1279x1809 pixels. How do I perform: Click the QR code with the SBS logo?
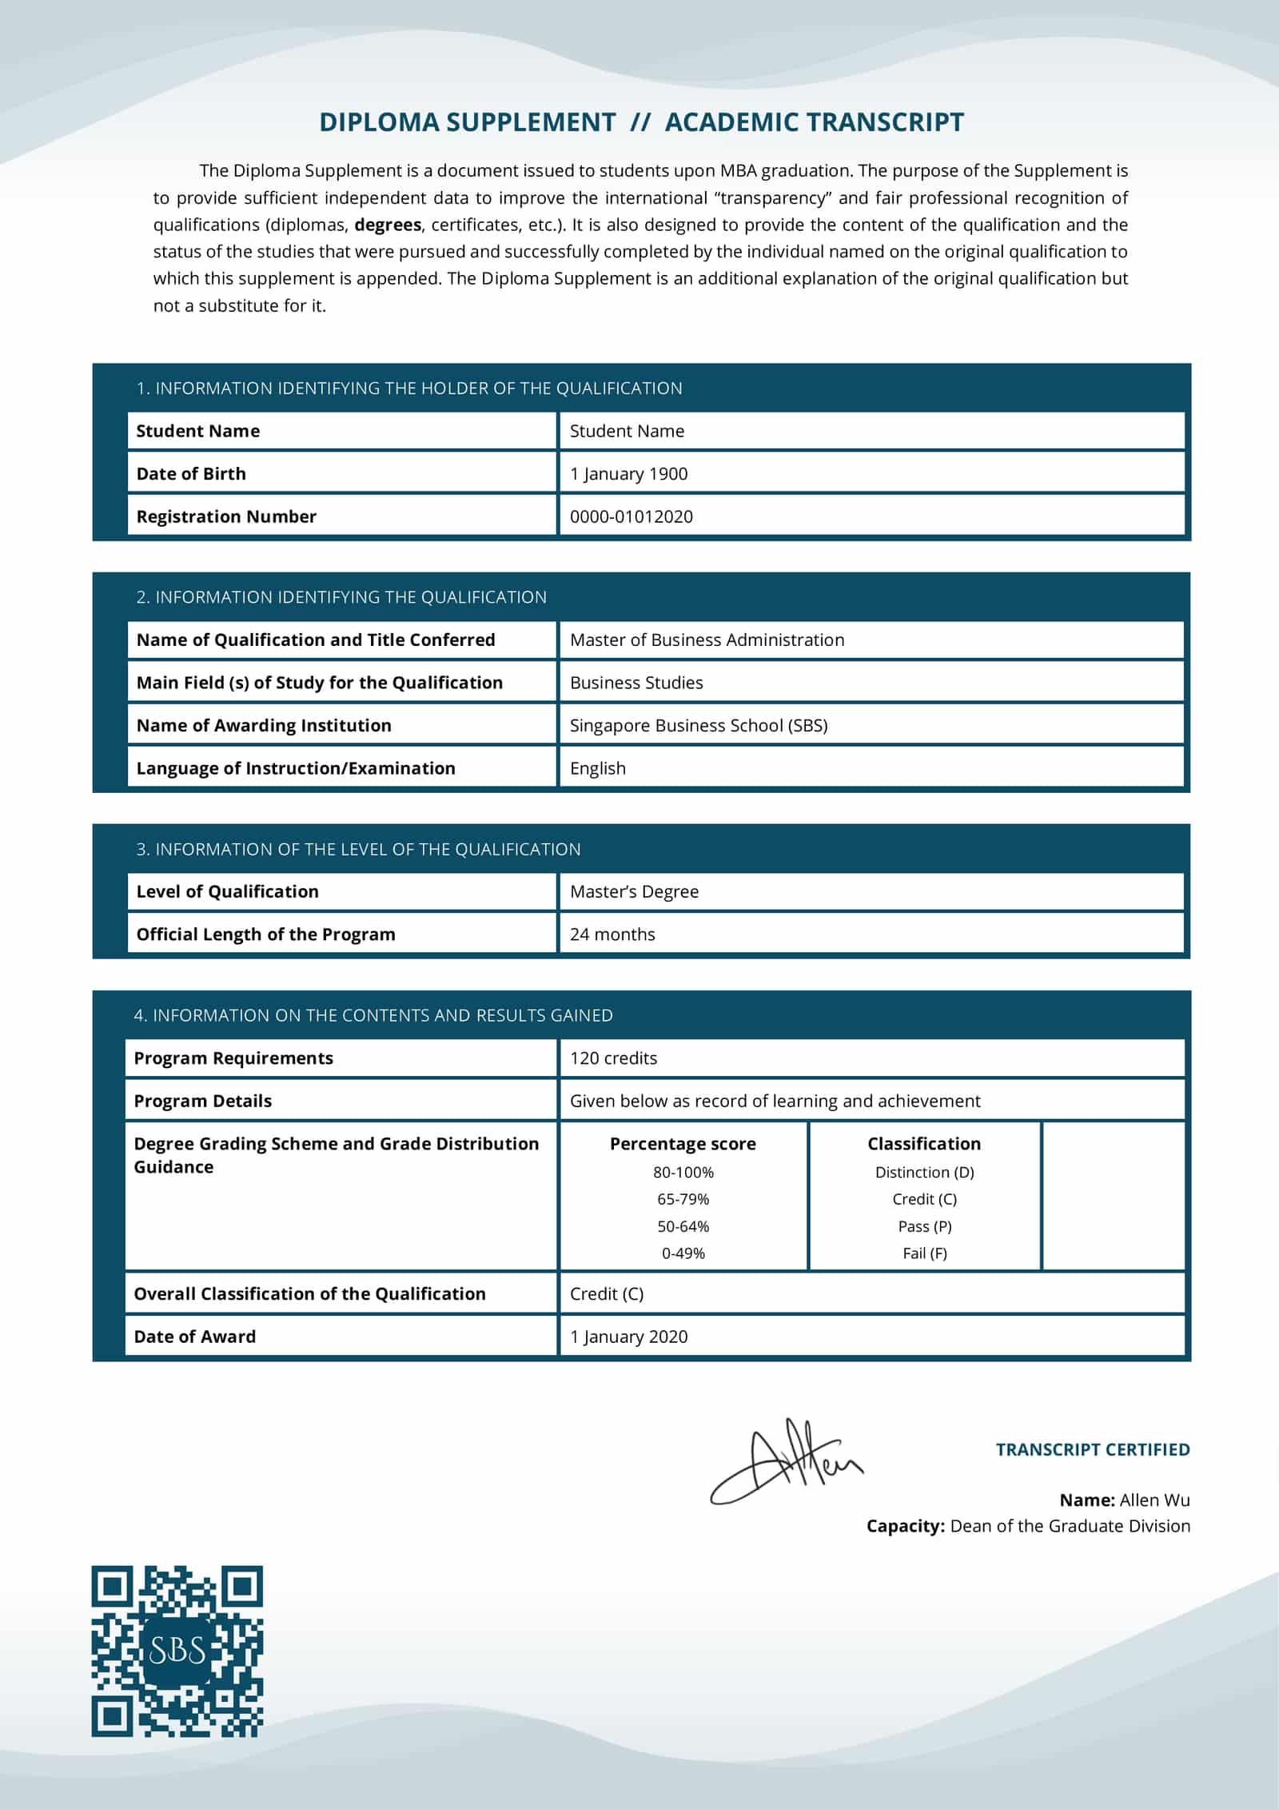177,1651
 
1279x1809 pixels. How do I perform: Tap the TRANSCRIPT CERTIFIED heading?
1092,1449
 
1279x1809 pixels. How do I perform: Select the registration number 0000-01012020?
631,516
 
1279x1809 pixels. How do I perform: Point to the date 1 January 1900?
628,473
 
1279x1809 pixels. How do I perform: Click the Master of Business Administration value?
707,640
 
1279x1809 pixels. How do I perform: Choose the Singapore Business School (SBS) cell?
699,725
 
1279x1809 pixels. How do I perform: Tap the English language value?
598,768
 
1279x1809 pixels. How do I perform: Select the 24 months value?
612,934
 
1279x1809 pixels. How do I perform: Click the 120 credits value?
613,1058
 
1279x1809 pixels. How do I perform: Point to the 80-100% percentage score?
683,1172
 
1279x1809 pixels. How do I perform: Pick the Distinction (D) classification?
924,1172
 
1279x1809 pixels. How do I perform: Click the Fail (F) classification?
924,1253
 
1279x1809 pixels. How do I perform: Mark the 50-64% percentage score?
683,1225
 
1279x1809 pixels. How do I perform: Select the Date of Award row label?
195,1337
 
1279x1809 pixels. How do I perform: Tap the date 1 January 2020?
628,1337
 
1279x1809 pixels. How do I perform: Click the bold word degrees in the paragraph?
388,225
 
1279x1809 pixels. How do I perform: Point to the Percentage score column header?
683,1144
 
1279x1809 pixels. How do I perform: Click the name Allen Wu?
1154,1500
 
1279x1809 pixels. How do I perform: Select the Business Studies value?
636,683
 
